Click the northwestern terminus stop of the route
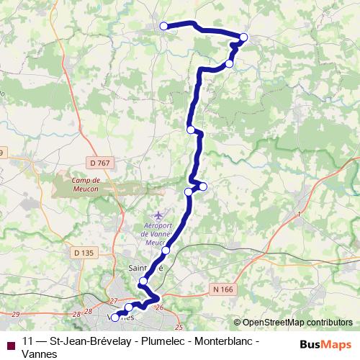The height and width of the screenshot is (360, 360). pyautogui.click(x=163, y=26)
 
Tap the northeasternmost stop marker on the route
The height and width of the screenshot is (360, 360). pyautogui.click(x=243, y=37)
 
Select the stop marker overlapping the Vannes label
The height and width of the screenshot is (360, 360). pyautogui.click(x=115, y=318)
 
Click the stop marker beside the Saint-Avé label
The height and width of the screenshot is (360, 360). pyautogui.click(x=144, y=281)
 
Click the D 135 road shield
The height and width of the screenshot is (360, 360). pyautogui.click(x=84, y=252)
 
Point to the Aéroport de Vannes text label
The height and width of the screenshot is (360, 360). pyautogui.click(x=160, y=228)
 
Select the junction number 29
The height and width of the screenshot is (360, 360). pyautogui.click(x=15, y=315)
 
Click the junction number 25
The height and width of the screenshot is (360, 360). pyautogui.click(x=179, y=328)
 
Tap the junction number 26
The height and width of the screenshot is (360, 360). pyautogui.click(x=160, y=308)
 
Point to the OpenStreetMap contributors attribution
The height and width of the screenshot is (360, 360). pyautogui.click(x=292, y=323)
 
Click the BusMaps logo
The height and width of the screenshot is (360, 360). pyautogui.click(x=325, y=344)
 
